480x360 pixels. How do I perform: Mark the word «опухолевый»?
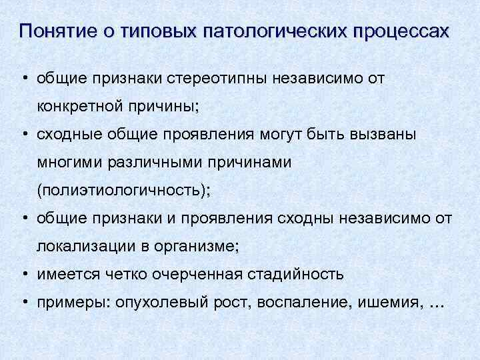[157, 302]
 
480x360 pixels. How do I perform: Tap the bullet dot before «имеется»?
[23, 274]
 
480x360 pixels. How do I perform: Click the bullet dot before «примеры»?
[23, 302]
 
